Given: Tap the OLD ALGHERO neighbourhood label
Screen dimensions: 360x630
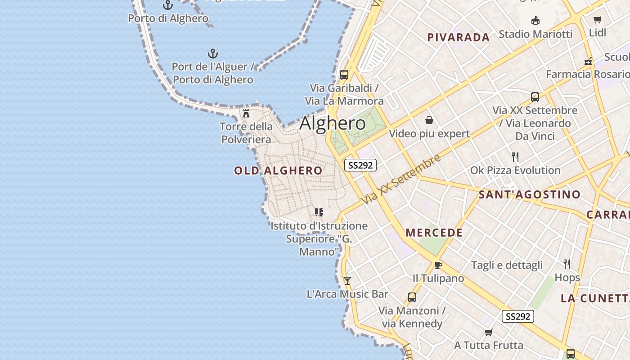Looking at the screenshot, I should pyautogui.click(x=278, y=171).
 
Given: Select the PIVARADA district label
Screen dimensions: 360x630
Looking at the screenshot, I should pyautogui.click(x=459, y=37).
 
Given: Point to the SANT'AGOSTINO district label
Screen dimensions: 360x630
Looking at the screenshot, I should pyautogui.click(x=529, y=194).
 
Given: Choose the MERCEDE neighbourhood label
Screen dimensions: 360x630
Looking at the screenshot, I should pyautogui.click(x=434, y=233).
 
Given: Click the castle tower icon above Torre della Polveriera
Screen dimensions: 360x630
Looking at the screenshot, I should pyautogui.click(x=246, y=113).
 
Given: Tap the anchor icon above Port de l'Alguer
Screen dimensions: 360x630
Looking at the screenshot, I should pyautogui.click(x=212, y=54).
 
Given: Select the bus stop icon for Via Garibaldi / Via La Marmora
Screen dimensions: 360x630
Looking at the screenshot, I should pyautogui.click(x=344, y=75).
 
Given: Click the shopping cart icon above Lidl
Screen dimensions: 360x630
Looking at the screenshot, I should pyautogui.click(x=597, y=19).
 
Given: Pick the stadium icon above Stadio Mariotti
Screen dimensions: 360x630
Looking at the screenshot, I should pyautogui.click(x=535, y=20).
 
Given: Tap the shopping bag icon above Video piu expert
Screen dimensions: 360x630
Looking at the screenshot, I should pyautogui.click(x=429, y=120).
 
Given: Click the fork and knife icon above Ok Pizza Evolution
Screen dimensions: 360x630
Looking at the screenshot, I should pyautogui.click(x=515, y=157).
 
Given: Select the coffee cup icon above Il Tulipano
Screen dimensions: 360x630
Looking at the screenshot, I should pyautogui.click(x=438, y=265).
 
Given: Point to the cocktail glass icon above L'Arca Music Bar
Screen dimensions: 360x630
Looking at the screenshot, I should pyautogui.click(x=347, y=281).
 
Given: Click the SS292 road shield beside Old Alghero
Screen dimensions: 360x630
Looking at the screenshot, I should pyautogui.click(x=360, y=165).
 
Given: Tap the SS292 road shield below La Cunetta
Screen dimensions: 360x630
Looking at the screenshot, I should pyautogui.click(x=518, y=316).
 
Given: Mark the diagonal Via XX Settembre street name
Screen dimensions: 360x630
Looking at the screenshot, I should pyautogui.click(x=402, y=179).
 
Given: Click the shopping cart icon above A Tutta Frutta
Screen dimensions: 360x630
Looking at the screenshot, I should pyautogui.click(x=488, y=333).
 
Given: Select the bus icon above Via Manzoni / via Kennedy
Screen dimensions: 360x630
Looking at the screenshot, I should pyautogui.click(x=412, y=297).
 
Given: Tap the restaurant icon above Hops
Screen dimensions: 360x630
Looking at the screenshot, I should pyautogui.click(x=567, y=264).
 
